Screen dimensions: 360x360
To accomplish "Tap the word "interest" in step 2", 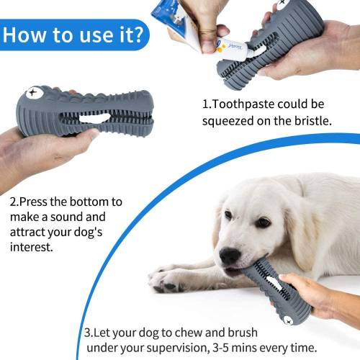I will (33, 247).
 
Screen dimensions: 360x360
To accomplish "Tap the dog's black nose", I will (230, 256).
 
